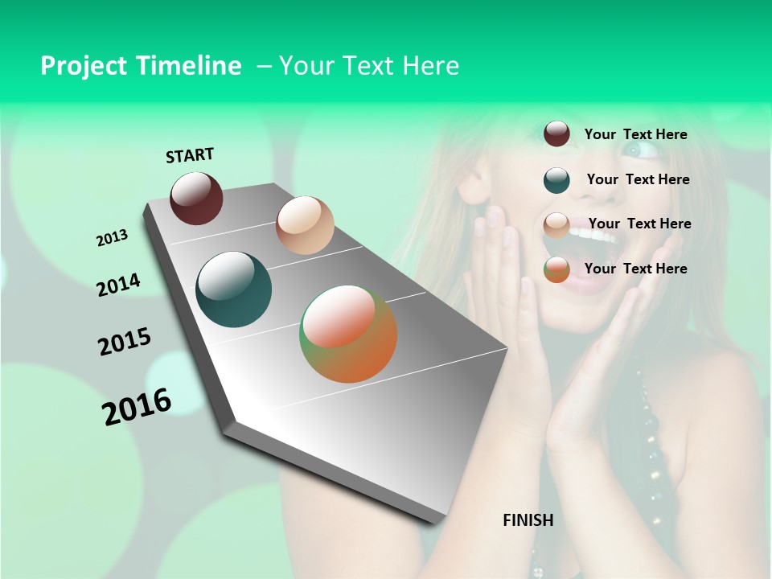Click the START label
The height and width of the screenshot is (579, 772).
190,155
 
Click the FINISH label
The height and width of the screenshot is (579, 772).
528,520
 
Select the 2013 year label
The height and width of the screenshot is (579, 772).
112,238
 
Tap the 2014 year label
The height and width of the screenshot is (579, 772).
118,285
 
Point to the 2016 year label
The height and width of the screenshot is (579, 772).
137,407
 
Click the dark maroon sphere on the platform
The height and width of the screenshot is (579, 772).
196,198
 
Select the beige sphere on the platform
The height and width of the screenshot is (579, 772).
305,225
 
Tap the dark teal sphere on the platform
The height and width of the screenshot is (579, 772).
234,289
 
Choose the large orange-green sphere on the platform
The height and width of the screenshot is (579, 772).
348,334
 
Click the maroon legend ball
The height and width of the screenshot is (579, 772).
556,134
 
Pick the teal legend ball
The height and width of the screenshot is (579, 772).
556,180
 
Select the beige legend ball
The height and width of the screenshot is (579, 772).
556,225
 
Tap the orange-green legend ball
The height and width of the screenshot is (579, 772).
556,270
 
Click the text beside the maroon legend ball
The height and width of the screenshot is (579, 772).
635,134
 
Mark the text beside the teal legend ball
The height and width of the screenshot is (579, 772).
638,179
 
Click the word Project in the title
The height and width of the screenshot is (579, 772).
83,66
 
